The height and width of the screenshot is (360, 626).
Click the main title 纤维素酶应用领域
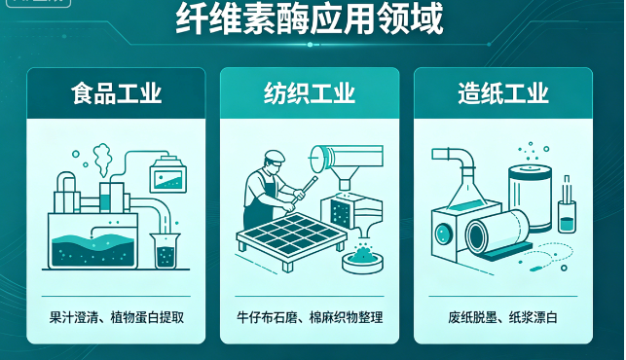[310, 18]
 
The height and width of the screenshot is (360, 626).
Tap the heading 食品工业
[116, 93]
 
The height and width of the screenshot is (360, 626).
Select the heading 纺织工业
[310, 93]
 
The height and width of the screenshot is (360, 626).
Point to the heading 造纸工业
[503, 93]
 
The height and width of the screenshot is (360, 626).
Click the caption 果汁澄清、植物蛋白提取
[117, 318]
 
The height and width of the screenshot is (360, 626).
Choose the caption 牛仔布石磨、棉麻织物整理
[310, 318]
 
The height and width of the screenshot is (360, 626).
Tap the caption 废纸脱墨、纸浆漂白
[502, 318]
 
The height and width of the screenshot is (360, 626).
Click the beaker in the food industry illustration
[166, 251]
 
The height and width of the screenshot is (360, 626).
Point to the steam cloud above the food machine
[102, 160]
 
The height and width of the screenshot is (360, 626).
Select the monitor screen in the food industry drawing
[168, 175]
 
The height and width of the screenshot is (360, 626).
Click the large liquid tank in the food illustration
[92, 241]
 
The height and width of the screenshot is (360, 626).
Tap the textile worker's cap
[276, 156]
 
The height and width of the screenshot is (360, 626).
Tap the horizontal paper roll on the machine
[497, 233]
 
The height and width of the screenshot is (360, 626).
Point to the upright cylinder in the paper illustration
[531, 198]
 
